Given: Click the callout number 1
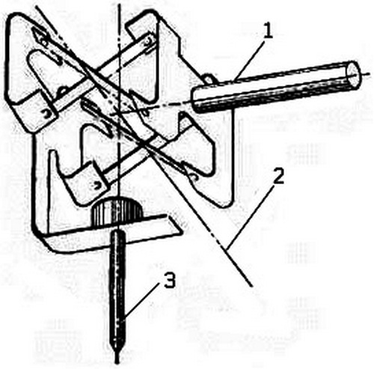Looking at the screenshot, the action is tap(267, 31).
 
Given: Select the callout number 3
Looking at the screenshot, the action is tap(170, 280).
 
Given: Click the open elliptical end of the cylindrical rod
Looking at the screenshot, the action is tap(354, 74).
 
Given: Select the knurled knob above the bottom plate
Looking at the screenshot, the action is tap(117, 212).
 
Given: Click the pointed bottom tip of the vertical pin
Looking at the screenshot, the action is tap(117, 361).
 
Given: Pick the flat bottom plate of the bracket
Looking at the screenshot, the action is tap(112, 236).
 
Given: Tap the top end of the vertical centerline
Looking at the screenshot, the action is tap(120, 4).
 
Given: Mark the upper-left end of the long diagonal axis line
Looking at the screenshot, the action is tap(37, 5).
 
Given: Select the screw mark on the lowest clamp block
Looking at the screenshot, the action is tap(96, 185).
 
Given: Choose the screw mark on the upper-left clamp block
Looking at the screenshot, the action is tap(47, 114).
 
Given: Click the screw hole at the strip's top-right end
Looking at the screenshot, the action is tap(149, 40).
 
